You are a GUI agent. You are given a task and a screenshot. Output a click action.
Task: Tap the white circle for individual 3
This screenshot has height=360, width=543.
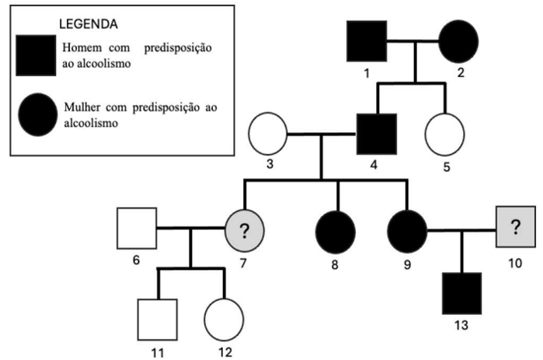[268, 135]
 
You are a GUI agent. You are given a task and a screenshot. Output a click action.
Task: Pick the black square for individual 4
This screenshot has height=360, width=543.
[377, 134]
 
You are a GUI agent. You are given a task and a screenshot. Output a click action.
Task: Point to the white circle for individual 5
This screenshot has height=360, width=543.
[445, 135]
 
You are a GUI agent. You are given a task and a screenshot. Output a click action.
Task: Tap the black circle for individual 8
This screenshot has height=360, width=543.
[336, 229]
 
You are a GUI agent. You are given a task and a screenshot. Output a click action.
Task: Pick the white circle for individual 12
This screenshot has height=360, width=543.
[224, 319]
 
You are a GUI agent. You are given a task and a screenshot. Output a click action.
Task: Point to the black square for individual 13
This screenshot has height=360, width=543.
[461, 293]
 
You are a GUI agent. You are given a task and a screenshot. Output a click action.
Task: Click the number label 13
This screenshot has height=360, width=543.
[460, 324]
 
